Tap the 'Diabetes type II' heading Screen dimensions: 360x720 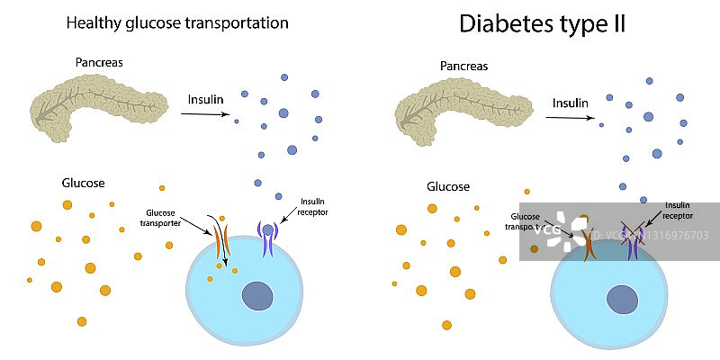[542, 24]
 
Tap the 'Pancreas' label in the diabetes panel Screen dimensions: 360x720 [465, 66]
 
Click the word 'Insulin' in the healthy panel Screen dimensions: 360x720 [205, 99]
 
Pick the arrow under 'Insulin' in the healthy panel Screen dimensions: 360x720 [206, 114]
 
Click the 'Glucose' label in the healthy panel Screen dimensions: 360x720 [83, 183]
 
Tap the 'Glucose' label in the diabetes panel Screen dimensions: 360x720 [447, 187]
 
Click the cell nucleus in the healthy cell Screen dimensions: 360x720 [258, 295]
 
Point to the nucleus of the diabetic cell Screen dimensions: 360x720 [621, 298]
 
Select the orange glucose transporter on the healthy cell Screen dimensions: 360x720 [221, 241]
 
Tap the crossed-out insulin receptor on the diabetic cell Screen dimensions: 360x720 [634, 242]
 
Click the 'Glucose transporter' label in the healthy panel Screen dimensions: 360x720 [169, 219]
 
